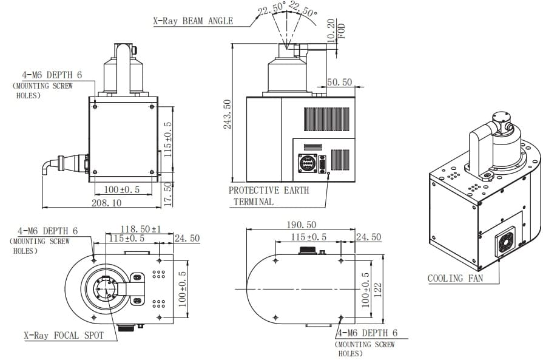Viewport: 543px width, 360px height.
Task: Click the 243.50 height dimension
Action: point(227,114)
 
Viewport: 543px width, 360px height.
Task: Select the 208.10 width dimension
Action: point(106,203)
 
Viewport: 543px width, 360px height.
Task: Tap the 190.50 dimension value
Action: point(302,225)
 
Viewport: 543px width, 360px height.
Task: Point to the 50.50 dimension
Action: point(339,82)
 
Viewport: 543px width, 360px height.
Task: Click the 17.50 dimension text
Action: point(168,194)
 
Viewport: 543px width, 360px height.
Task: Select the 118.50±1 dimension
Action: point(140,229)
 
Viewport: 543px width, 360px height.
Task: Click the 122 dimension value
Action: point(378,290)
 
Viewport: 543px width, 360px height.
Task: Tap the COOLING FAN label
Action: point(455,278)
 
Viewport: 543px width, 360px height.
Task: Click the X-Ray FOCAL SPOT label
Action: point(64,335)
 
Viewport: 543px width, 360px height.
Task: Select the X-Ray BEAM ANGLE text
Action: point(194,21)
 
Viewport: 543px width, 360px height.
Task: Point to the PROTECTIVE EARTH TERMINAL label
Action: point(269,195)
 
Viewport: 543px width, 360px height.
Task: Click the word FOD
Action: point(342,31)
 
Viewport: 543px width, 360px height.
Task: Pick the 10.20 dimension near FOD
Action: point(331,30)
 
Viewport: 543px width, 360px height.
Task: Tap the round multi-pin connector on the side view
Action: point(308,163)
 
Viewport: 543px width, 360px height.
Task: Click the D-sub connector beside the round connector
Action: point(322,165)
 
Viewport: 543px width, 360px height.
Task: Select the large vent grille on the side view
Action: point(326,119)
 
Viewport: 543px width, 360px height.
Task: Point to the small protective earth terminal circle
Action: point(328,172)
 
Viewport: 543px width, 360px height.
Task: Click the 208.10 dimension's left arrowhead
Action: point(44,208)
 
